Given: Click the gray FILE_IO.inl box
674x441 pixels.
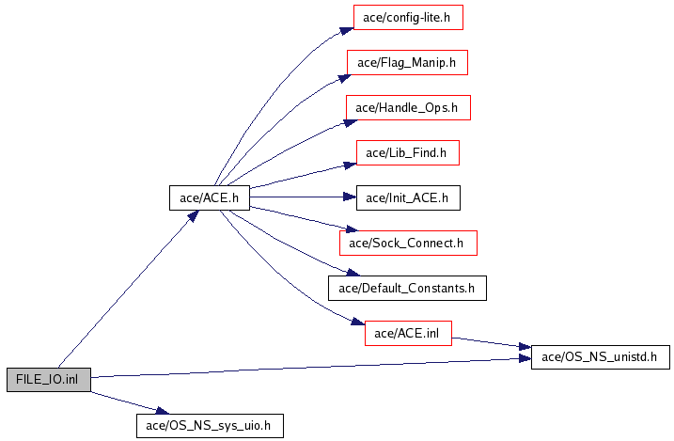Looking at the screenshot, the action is (x=49, y=380).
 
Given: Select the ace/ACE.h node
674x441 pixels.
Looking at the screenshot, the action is (x=210, y=197).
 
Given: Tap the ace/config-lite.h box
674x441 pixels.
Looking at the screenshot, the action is (x=408, y=18).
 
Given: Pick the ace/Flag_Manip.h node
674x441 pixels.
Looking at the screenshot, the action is (x=407, y=63).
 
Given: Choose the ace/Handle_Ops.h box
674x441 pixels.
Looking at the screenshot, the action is (x=408, y=107).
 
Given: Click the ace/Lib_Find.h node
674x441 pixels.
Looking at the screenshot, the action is (x=408, y=152).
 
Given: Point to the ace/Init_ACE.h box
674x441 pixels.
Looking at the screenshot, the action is (x=408, y=197).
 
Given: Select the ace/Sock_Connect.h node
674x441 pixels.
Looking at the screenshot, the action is (x=408, y=243).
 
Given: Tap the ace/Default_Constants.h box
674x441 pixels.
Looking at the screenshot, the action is (x=407, y=288).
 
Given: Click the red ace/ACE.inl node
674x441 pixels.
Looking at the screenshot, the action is (x=408, y=333).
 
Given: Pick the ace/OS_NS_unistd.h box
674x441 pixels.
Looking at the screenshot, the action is (x=601, y=356).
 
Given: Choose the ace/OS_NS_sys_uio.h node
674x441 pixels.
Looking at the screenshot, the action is (x=210, y=426).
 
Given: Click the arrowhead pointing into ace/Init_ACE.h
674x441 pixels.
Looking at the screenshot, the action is (x=350, y=197).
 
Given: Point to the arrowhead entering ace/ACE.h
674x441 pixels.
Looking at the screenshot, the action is (x=193, y=215).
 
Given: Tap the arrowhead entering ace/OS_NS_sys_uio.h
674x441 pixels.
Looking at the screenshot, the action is (x=162, y=411).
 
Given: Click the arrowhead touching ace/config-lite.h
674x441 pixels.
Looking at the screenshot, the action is (x=347, y=31).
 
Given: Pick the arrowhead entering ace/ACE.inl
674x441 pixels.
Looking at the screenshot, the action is (x=358, y=322).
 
